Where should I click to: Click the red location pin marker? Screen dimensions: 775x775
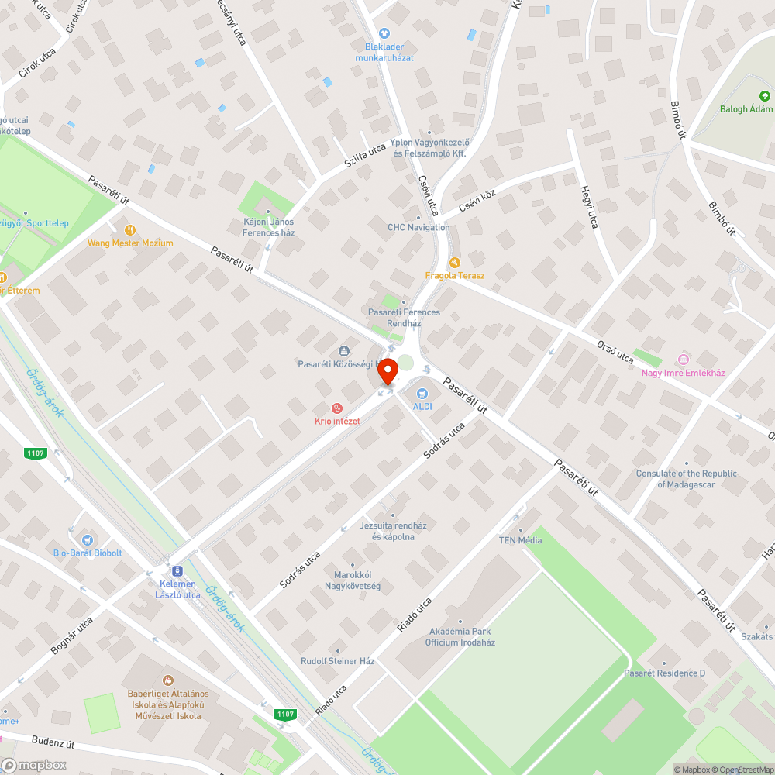pos(387,374)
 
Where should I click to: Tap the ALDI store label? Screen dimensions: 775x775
pos(422,406)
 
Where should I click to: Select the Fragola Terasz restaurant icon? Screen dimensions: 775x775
pos(455,263)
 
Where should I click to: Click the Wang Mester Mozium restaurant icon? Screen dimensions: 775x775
pos(130,230)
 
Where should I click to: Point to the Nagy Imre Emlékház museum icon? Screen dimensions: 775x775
pos(683,360)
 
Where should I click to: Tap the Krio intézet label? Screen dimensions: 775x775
pos(337,421)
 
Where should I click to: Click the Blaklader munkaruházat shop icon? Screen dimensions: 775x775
pos(384,33)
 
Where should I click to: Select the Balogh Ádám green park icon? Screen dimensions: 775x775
pos(764,96)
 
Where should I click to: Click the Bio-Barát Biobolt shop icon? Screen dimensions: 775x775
pos(88,539)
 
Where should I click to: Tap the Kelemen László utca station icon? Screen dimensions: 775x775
pos(177,571)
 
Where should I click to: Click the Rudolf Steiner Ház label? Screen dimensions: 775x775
pos(338,661)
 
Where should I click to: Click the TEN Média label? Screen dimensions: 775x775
pos(520,540)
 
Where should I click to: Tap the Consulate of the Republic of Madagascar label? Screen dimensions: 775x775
pos(686,479)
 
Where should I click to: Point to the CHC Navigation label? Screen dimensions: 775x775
pos(418,227)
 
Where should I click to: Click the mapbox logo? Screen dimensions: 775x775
pos(34,764)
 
